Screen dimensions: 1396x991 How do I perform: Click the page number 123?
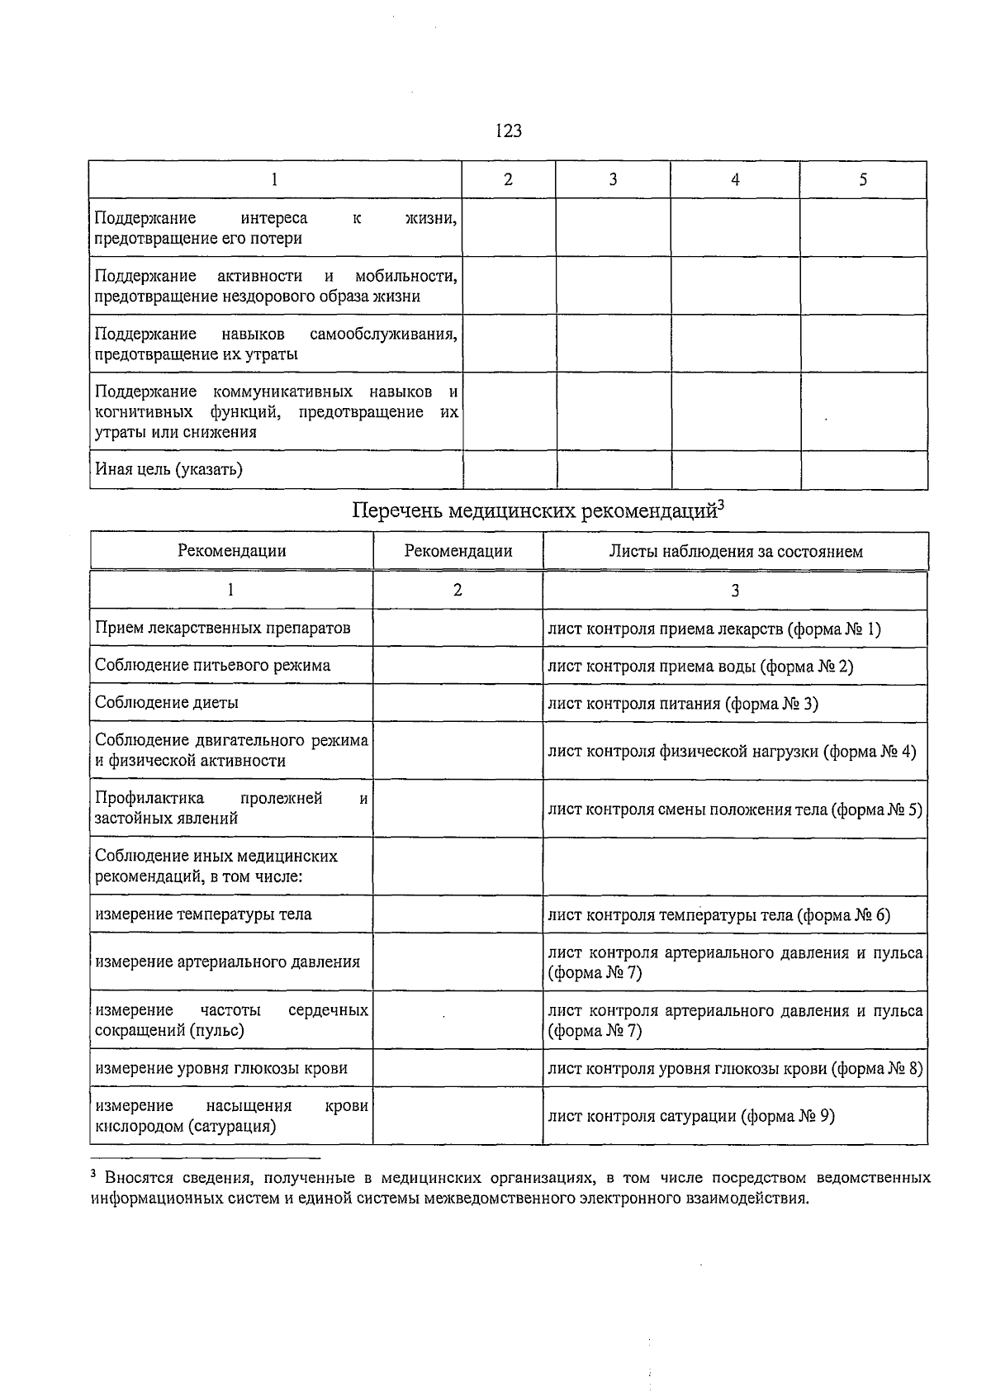point(509,131)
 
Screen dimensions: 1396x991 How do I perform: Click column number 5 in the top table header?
point(863,179)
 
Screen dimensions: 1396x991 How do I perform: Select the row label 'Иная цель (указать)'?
point(168,469)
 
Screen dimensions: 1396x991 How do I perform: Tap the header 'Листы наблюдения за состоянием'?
point(735,551)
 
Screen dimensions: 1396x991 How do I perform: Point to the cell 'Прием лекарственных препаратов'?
point(223,628)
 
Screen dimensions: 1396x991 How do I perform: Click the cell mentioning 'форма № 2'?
point(700,666)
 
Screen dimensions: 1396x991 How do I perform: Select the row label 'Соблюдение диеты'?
point(167,702)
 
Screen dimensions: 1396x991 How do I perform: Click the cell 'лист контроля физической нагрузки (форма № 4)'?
point(732,751)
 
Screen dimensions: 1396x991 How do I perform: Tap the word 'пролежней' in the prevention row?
point(281,798)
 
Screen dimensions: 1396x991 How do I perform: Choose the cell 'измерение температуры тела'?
point(203,914)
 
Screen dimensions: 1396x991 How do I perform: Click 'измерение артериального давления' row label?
point(228,962)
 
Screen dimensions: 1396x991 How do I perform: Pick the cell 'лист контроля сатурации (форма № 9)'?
point(691,1116)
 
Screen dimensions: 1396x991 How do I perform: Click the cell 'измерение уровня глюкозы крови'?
point(221,1068)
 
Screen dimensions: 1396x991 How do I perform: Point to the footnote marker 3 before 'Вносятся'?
point(94,1174)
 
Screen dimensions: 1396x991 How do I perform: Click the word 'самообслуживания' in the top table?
point(383,334)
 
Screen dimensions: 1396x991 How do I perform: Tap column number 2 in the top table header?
point(508,179)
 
